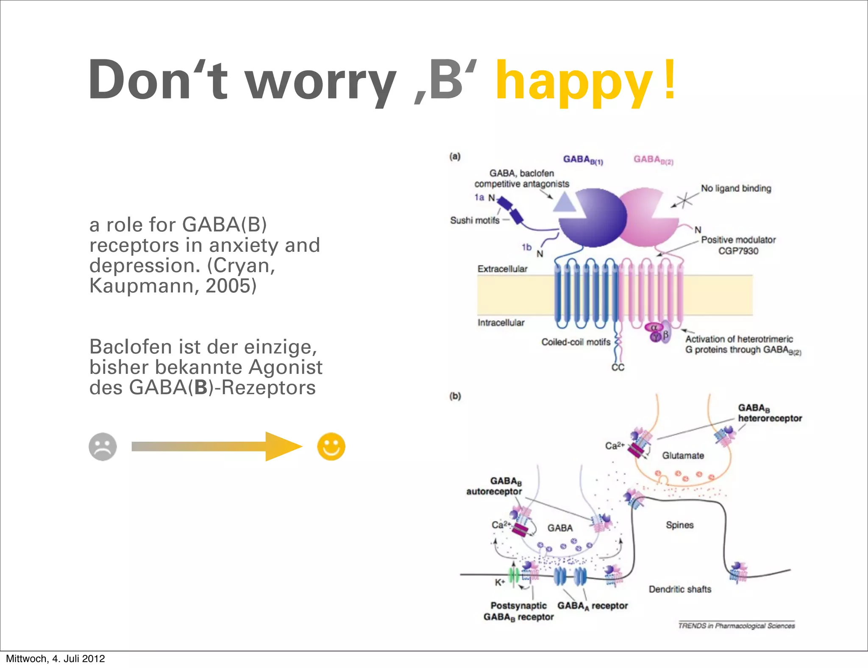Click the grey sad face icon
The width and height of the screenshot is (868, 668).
click(x=103, y=446)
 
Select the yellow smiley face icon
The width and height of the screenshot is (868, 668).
click(x=331, y=446)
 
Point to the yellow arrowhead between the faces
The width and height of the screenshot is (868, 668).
click(x=282, y=446)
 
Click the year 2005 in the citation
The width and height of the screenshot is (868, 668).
click(x=231, y=286)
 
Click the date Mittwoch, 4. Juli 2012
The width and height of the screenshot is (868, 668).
click(x=55, y=658)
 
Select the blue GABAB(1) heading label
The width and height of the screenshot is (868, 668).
click(x=583, y=159)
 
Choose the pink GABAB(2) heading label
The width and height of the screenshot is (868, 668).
click(x=653, y=159)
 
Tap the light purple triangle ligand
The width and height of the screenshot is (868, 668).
click(x=565, y=203)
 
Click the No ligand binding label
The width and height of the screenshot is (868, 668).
click(x=736, y=188)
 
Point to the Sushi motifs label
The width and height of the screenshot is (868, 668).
click(x=475, y=220)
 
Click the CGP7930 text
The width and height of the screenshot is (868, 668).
click(x=738, y=251)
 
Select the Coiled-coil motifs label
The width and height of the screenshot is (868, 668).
click(x=576, y=342)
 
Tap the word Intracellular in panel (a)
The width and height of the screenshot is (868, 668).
click(x=501, y=323)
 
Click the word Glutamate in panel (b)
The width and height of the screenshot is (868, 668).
click(x=683, y=456)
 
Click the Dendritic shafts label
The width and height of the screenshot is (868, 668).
click(x=680, y=589)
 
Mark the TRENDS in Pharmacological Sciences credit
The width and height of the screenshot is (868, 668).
click(x=736, y=626)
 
